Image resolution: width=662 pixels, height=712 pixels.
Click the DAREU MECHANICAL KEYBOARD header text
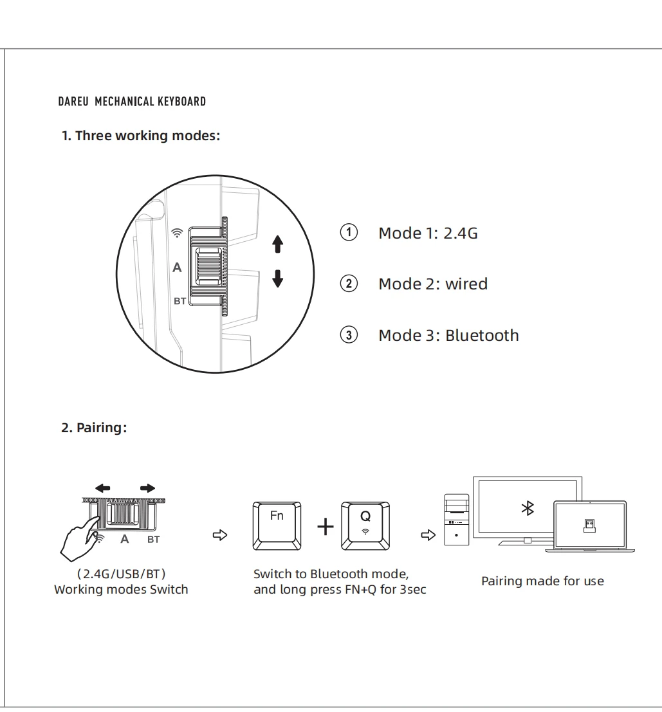pos(132,102)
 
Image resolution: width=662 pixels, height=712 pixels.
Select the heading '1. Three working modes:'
pos(141,136)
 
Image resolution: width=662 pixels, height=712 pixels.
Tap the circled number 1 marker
pos(349,232)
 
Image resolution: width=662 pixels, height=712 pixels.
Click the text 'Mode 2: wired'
pos(433,284)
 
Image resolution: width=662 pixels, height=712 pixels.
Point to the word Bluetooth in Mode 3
pos(482,336)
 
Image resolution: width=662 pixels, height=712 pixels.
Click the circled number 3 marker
pos(349,335)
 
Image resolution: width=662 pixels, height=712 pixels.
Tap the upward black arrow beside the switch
pos(278,244)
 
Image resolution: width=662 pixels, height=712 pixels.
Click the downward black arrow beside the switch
pos(278,278)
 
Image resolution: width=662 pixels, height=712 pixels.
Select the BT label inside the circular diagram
pos(180,300)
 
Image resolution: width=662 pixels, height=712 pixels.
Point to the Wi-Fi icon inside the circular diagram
pos(178,233)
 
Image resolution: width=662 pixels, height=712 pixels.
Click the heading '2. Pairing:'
pos(94,428)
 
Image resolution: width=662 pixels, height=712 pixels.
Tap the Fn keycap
pos(277,525)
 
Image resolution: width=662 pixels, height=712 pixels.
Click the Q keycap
pos(365,525)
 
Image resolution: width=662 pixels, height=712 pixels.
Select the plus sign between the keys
pos(326,527)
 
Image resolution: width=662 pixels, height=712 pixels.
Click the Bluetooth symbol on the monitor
pos(528,509)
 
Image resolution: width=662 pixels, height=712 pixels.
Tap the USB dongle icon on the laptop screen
pos(589,525)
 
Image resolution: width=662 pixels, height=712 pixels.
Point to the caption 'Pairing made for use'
pos(542,581)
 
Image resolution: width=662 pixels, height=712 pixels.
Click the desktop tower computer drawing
pos(456,519)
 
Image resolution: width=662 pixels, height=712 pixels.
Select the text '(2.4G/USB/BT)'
pos(122,574)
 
